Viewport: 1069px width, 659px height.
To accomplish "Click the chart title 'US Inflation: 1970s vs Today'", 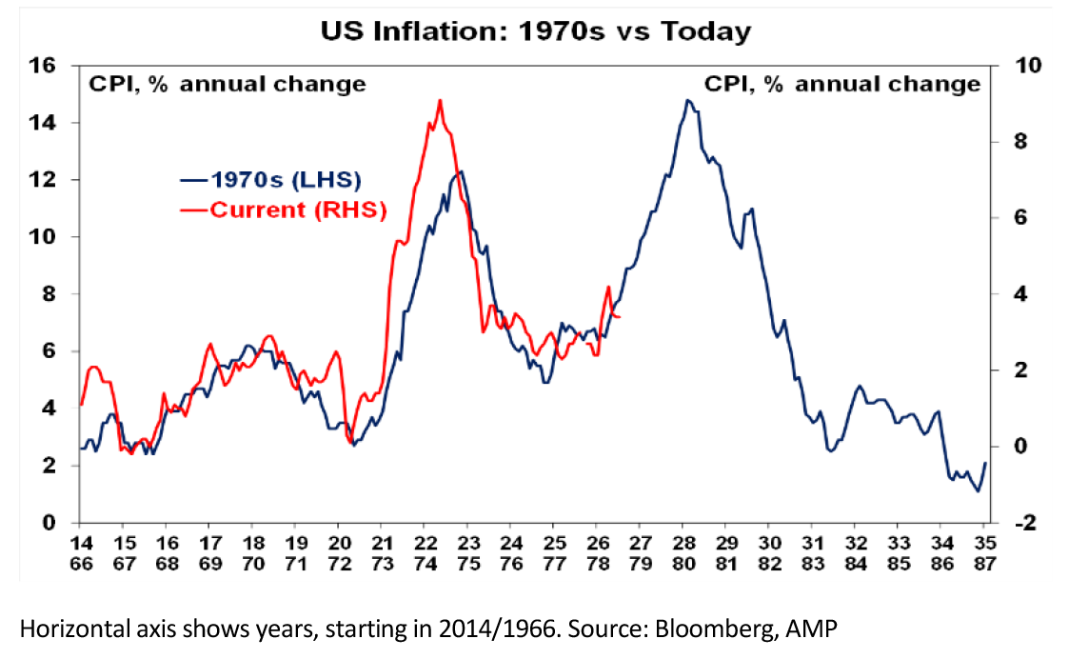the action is [x=536, y=31].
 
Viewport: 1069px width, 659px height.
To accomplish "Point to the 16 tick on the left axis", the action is [x=41, y=66].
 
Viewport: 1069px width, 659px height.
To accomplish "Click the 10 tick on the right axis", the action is [x=1028, y=66].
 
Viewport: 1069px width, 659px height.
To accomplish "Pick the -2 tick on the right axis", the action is [x=1025, y=523].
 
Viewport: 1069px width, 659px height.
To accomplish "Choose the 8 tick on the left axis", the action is [x=49, y=294].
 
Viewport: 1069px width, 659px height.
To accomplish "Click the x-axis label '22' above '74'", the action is [x=426, y=543].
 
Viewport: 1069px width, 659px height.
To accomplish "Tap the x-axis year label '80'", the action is [x=683, y=564].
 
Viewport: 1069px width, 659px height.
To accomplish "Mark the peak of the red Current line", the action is [x=440, y=101].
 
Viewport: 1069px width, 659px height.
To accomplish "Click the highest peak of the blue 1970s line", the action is [x=687, y=101].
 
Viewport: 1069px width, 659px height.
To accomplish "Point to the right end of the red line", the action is [x=619, y=316].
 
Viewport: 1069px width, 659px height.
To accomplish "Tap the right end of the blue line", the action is [x=985, y=463].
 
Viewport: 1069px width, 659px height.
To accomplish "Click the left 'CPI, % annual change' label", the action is [x=228, y=84].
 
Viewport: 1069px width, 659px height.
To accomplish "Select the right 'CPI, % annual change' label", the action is [x=842, y=84].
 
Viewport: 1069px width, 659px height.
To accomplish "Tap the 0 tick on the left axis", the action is [x=49, y=523].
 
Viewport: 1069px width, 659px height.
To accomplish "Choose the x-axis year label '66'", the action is [x=81, y=564].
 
